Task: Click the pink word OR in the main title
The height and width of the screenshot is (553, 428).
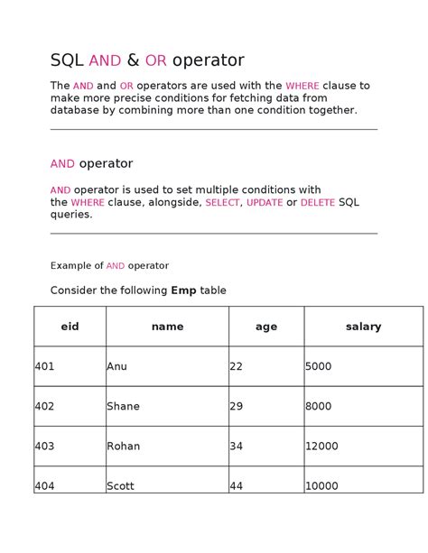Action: (x=155, y=61)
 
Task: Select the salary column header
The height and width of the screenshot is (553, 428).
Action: (x=363, y=327)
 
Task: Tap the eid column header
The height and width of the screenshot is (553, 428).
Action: (x=70, y=327)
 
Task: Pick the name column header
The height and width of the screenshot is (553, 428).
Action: (x=167, y=327)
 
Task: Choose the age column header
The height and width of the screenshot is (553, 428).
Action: (x=265, y=327)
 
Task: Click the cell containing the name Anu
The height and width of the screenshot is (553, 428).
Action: (x=116, y=366)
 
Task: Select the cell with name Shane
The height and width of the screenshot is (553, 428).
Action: (x=123, y=406)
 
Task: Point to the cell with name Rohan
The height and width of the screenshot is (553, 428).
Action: (x=123, y=446)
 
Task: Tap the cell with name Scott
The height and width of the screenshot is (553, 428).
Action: (x=120, y=485)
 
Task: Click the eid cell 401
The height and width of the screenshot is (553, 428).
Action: (x=44, y=366)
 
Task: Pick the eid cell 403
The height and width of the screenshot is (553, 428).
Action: (x=44, y=446)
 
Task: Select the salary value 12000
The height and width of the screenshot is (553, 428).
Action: (x=322, y=446)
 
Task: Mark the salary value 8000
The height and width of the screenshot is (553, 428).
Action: (x=320, y=406)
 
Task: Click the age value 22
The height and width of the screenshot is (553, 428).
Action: (x=237, y=366)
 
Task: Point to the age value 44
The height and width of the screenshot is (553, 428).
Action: (x=237, y=485)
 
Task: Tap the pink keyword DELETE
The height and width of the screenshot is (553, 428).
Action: (x=317, y=203)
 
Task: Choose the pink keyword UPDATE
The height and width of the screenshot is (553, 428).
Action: (x=265, y=203)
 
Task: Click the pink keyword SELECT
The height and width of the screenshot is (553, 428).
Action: (x=222, y=203)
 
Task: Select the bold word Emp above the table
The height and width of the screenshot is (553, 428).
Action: (x=183, y=290)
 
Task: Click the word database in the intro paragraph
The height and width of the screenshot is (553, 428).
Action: (x=78, y=110)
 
